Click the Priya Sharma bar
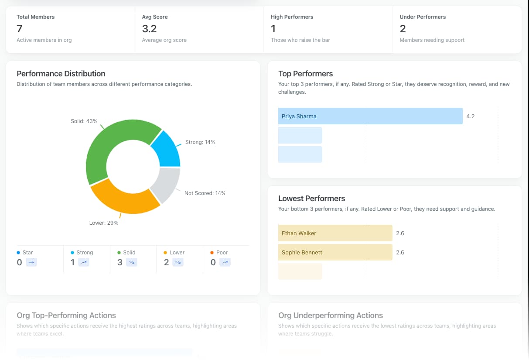point(370,116)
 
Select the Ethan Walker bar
point(335,233)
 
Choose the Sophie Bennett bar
point(335,252)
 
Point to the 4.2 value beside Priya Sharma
point(470,117)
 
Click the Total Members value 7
point(19,29)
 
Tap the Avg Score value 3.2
point(149,29)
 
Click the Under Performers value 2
point(403,29)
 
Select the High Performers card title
point(292,17)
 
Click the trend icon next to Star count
point(31,262)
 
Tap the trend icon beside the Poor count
point(225,262)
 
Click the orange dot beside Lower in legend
point(165,253)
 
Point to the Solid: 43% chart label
point(84,121)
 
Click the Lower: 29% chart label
point(104,223)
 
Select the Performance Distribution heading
point(61,73)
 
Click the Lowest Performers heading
point(311,198)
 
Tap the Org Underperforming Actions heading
point(330,315)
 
